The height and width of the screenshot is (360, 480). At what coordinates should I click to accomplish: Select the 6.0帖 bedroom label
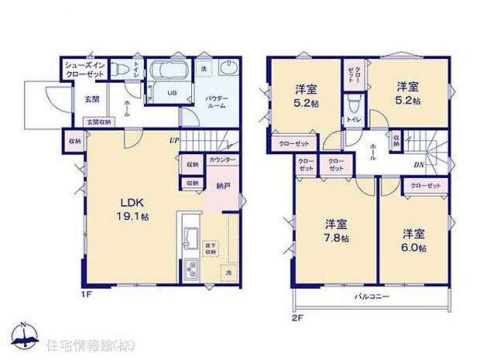tap(413, 239)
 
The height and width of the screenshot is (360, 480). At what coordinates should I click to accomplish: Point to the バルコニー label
tap(372, 297)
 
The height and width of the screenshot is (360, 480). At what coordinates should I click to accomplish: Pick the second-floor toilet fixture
tap(353, 103)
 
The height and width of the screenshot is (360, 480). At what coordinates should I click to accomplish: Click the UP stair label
tap(174, 141)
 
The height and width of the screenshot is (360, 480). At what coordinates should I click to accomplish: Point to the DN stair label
tap(417, 165)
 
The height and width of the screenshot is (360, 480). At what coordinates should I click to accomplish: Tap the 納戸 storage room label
tap(223, 186)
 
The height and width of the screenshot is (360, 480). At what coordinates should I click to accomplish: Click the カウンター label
tap(222, 160)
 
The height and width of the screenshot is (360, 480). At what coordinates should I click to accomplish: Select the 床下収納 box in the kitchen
tap(209, 249)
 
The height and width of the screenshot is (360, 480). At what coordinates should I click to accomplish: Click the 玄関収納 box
tap(98, 122)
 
